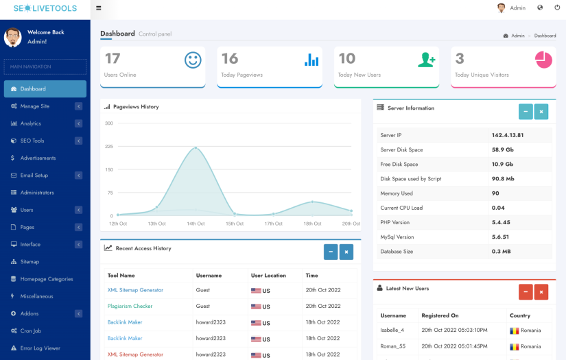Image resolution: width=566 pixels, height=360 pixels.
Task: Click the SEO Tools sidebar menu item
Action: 32,141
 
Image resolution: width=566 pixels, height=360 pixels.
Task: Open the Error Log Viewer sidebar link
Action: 40,348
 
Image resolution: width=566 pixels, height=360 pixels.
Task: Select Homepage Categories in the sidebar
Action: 46,279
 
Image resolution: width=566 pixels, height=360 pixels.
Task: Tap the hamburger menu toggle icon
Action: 99,8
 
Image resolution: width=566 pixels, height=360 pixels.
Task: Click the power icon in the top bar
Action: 557,8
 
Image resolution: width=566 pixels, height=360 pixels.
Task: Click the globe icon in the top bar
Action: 540,8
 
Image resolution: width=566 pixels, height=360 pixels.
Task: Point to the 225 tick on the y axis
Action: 108,147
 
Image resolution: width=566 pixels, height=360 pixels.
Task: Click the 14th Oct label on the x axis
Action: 196,224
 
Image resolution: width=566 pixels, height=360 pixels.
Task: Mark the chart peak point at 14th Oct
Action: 196,147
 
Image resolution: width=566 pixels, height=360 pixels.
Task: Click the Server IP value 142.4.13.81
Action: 507,135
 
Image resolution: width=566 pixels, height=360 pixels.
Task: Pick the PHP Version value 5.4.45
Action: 501,222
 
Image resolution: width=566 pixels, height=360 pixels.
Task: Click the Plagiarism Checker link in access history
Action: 130,306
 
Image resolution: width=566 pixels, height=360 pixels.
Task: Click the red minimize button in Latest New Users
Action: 526,292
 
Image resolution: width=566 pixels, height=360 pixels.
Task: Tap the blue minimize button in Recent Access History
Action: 331,252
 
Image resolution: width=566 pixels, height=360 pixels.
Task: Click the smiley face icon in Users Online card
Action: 193,60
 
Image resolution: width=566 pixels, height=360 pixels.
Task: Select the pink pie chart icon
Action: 543,60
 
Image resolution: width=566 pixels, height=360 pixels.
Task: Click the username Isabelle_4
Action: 392,330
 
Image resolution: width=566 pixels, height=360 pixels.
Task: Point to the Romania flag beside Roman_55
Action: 514,347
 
